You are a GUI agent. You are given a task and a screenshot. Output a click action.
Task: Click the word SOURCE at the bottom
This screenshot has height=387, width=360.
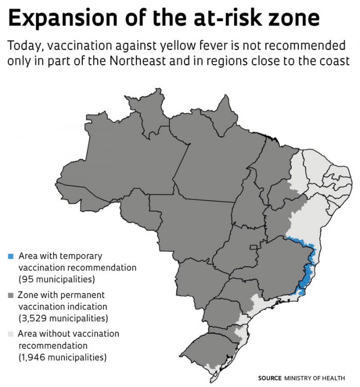tap(269, 378)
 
